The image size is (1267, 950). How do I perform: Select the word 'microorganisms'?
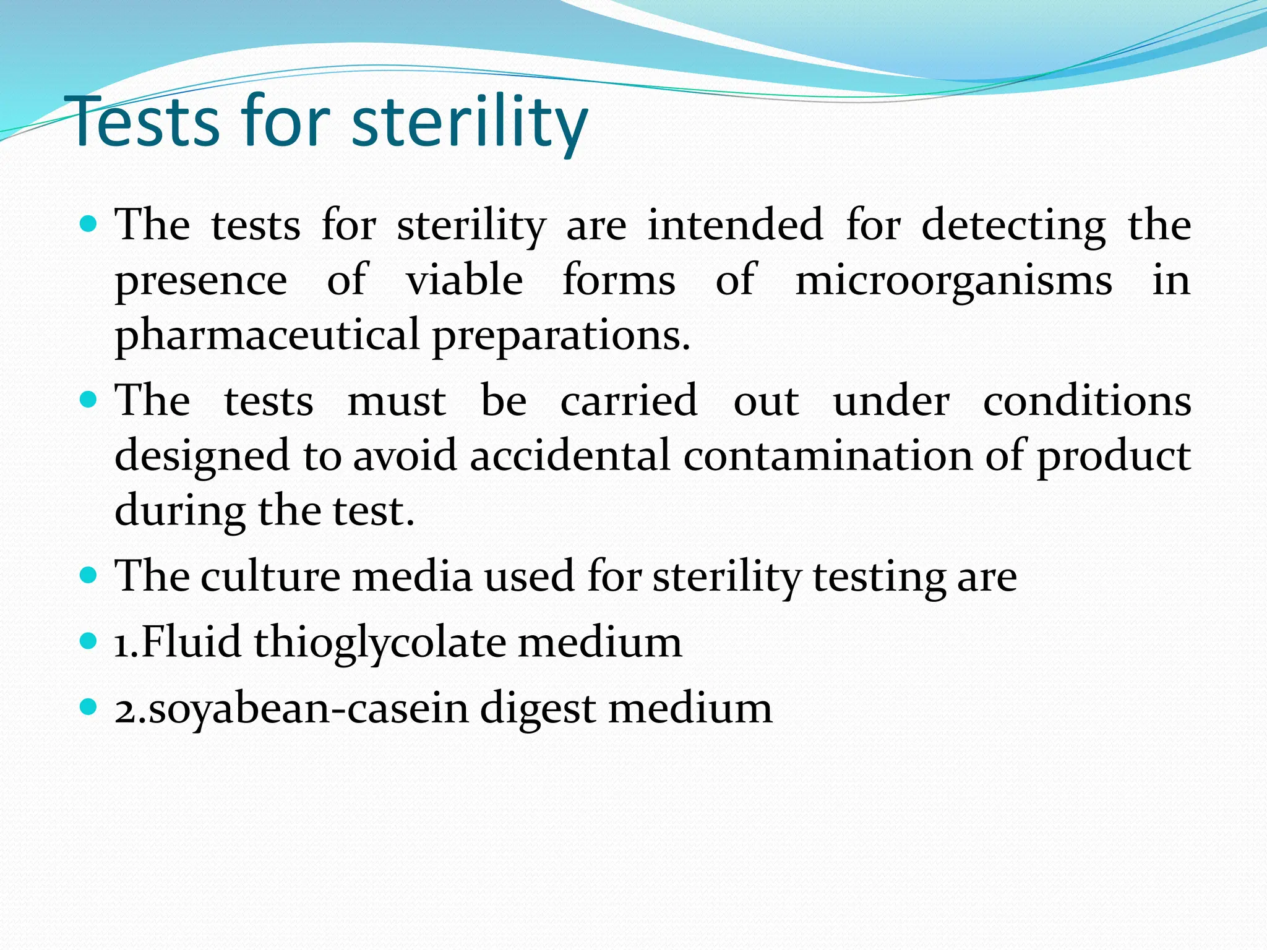pos(953,280)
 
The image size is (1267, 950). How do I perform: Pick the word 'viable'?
pos(464,280)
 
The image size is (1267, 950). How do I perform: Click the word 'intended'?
pos(735,225)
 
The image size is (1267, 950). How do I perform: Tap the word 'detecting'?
pos(1013,225)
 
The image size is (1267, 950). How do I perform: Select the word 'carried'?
pos(629,401)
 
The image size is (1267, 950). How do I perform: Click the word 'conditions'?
pos(1087,401)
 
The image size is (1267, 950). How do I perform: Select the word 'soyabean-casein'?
pos(308,708)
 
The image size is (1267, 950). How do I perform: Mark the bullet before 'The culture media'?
pos(89,576)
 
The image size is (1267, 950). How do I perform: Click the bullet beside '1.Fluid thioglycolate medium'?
pos(89,641)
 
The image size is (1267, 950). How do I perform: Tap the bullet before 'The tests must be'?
pos(89,400)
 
